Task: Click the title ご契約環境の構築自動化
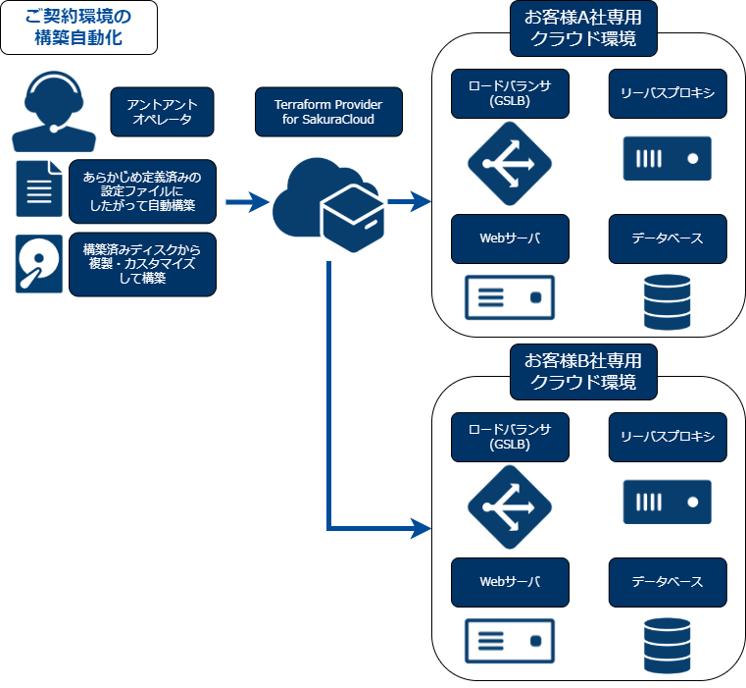coord(77,27)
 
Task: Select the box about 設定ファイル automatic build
coord(142,189)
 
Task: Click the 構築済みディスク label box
coord(142,264)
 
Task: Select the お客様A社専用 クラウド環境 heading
coord(583,28)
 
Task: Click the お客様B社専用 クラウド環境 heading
coord(583,371)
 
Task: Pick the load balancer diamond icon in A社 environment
coord(510,163)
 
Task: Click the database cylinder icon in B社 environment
coord(668,645)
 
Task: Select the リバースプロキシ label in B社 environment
coord(668,437)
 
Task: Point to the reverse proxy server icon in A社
coord(668,158)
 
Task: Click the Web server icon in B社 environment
coord(510,641)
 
